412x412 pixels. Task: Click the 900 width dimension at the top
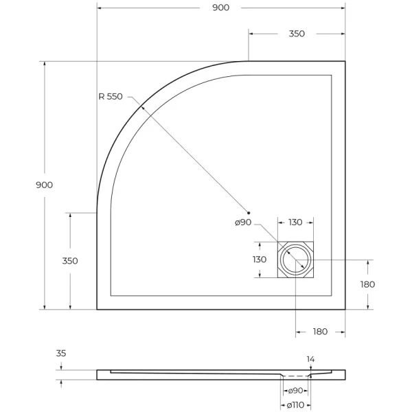(x=220, y=8)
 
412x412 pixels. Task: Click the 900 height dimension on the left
(x=44, y=185)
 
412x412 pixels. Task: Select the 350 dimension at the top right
(x=297, y=34)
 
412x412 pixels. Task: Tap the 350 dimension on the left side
(x=69, y=261)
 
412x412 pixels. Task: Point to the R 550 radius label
(x=110, y=97)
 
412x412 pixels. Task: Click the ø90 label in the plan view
(x=243, y=222)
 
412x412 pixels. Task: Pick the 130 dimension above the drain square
(x=295, y=222)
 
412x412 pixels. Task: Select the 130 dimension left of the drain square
(x=260, y=260)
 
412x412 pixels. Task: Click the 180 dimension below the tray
(x=320, y=332)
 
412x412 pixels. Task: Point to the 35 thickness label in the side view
(x=61, y=354)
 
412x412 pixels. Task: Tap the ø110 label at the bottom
(x=295, y=404)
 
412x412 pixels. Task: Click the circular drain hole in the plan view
(x=296, y=260)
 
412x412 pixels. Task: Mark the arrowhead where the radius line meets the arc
(x=141, y=106)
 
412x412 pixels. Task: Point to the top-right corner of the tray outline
(x=345, y=62)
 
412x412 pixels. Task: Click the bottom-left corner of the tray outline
(x=98, y=309)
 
